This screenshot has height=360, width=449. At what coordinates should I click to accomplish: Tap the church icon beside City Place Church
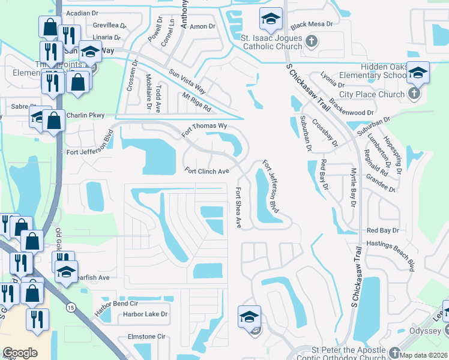(414, 94)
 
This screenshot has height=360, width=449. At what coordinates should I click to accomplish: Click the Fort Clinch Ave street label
(208, 171)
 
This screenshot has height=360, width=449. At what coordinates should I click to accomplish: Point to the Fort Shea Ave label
(238, 208)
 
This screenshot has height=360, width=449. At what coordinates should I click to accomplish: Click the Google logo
(20, 352)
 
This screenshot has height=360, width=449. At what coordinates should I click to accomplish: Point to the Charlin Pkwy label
(86, 115)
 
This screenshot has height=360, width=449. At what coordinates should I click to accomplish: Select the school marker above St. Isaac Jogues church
(271, 20)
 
